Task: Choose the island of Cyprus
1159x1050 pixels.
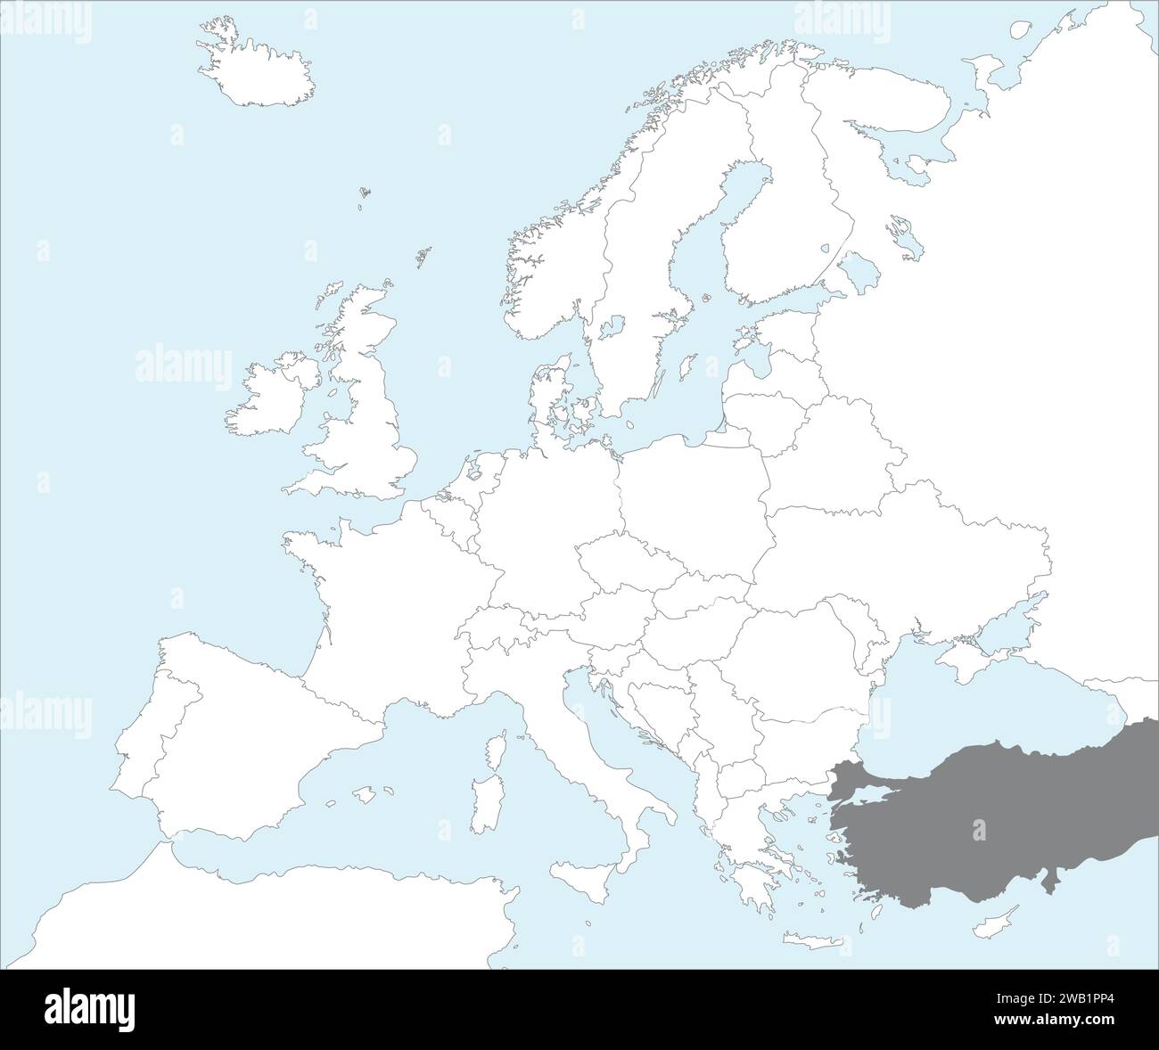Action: click(x=999, y=917)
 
